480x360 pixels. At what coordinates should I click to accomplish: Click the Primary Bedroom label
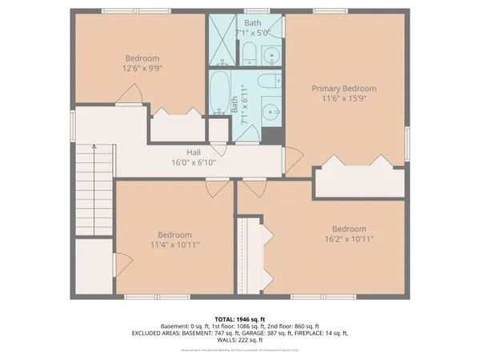point(344,89)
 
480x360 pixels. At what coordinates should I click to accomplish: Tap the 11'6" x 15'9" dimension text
point(344,101)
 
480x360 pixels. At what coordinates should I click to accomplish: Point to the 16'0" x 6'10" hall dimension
point(194,162)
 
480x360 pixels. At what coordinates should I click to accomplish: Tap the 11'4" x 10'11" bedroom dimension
point(174,245)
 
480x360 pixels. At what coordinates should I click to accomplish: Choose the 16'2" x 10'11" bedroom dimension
point(349,238)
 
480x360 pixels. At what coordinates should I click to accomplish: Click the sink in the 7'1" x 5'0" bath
point(270,55)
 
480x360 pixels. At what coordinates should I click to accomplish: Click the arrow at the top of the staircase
point(94,147)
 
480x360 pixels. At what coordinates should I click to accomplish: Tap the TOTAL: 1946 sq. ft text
point(238,319)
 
